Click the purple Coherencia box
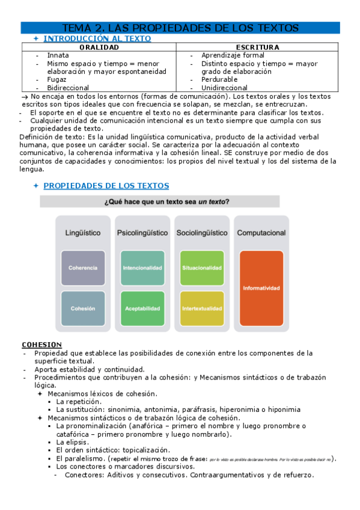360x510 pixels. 83,267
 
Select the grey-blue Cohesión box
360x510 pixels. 83,308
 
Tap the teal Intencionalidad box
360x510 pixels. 142,267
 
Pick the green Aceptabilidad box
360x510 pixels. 142,308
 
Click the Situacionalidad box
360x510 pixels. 201,267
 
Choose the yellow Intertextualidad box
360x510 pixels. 201,308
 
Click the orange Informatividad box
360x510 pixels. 261,288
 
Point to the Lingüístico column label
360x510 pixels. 83,233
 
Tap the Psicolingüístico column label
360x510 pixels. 142,233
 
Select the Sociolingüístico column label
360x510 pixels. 201,233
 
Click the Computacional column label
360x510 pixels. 261,233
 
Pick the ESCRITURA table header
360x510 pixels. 258,47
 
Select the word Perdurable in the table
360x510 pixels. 219,79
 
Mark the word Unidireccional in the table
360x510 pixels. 224,88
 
